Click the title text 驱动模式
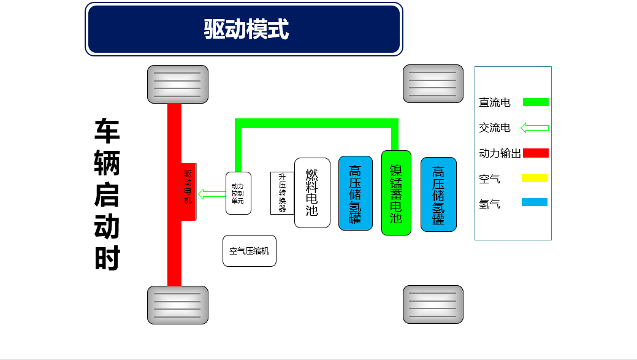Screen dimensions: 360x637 (x=246, y=29)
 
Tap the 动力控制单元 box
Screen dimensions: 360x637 (x=238, y=193)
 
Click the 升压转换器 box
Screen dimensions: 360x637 (x=282, y=193)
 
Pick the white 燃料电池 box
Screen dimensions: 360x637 (x=312, y=193)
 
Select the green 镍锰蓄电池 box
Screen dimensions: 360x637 (x=396, y=193)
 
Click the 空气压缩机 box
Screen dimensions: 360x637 (x=249, y=251)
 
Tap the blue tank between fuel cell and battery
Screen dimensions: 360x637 (x=355, y=193)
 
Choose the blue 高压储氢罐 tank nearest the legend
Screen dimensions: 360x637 (x=438, y=194)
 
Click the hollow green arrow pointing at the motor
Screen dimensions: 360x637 (x=212, y=194)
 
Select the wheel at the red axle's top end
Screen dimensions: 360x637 (x=178, y=84)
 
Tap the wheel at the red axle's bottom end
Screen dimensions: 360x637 (x=178, y=305)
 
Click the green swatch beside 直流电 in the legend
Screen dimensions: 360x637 (x=535, y=102)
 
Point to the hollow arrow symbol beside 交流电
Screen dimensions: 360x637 (x=535, y=128)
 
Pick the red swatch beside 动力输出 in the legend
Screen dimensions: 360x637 (x=535, y=153)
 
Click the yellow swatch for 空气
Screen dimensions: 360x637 (x=535, y=178)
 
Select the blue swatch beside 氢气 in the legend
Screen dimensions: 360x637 (x=535, y=202)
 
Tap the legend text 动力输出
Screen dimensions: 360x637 (x=500, y=153)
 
